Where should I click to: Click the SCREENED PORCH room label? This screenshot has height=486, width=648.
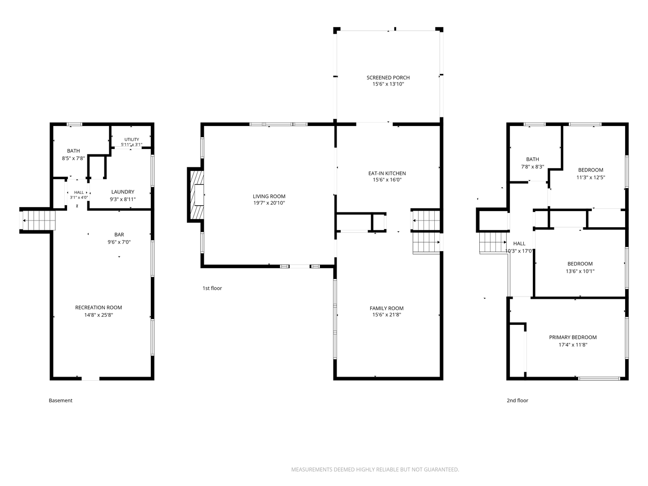click(388, 77)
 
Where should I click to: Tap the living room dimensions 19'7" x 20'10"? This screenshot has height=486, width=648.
click(269, 203)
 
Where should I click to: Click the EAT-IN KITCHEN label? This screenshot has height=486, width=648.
click(387, 173)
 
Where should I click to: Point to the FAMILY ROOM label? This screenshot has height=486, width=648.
click(387, 308)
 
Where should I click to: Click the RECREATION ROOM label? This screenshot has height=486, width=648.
click(98, 307)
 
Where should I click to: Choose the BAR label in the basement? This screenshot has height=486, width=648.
click(119, 234)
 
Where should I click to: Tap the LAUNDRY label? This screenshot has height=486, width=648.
click(122, 192)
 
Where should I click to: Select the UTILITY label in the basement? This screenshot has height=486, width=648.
click(132, 139)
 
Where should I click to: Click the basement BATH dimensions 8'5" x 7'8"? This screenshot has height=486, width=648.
click(73, 158)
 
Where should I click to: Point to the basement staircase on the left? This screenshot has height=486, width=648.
click(39, 220)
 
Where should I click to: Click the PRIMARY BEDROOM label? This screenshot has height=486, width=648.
click(573, 337)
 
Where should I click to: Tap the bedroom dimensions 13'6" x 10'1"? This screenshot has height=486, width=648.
click(580, 271)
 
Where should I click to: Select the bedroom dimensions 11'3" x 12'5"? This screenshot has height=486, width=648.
click(590, 178)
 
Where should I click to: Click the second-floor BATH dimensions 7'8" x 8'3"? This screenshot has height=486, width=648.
click(532, 166)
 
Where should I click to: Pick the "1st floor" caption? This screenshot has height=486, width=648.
click(212, 288)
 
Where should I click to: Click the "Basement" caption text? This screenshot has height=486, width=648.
click(60, 400)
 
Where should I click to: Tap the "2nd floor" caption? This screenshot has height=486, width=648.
click(517, 400)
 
